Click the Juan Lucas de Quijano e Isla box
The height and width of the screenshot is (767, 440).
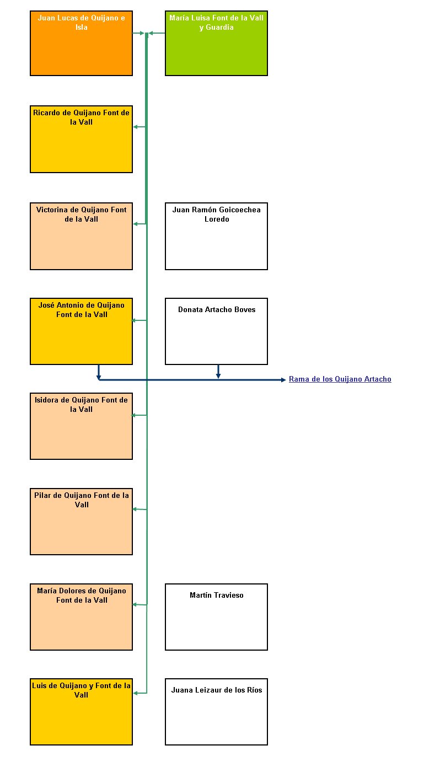[81, 43]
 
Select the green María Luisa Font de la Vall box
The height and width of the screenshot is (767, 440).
[216, 43]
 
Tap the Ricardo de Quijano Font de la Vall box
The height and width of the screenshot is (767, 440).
[81, 139]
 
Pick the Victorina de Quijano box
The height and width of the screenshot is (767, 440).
[81, 236]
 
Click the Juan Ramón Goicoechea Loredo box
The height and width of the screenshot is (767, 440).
[216, 236]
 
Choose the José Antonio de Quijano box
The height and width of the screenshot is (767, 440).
[81, 331]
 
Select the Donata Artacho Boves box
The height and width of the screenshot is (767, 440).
[216, 331]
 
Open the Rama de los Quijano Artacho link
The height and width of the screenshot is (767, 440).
[340, 379]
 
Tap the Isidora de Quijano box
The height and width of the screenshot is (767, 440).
[81, 426]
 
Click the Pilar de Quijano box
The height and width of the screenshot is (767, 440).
[81, 522]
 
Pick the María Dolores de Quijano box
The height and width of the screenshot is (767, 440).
[81, 616]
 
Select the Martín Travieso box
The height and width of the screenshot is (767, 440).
[216, 616]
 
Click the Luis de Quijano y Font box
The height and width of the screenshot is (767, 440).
[81, 711]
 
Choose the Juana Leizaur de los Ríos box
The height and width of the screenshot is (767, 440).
[216, 711]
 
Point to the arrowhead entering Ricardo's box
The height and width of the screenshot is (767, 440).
[135, 127]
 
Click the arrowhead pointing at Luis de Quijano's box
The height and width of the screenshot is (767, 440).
[135, 693]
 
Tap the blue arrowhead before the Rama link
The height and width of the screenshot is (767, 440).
[283, 380]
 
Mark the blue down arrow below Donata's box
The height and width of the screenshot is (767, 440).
[218, 372]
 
